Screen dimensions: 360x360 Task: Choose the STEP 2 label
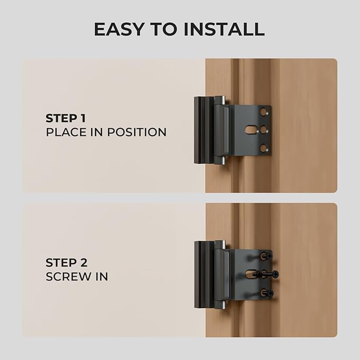[x=66, y=262]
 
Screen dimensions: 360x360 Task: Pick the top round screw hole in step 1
[x=264, y=112]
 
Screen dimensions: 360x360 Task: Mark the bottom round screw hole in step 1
[x=264, y=148]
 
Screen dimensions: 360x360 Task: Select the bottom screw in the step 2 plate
[x=267, y=293]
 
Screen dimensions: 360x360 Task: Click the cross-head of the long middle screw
[x=275, y=274]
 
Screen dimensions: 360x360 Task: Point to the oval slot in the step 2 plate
[x=251, y=274]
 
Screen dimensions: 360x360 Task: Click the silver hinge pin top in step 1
[x=223, y=100]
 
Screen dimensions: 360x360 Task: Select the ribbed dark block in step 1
[x=204, y=130]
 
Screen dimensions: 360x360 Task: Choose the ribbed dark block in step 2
[x=204, y=275]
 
